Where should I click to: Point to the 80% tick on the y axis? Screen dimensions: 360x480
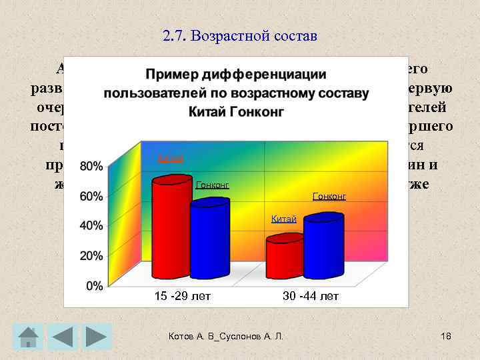[x=92, y=165]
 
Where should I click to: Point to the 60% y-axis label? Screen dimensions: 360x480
[x=92, y=196]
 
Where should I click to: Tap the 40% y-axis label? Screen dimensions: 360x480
[x=92, y=226]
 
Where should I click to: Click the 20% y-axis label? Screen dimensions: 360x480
[x=92, y=255]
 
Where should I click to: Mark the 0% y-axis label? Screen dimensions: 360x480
[x=95, y=286]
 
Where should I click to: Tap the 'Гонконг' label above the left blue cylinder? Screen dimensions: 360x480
[x=212, y=184]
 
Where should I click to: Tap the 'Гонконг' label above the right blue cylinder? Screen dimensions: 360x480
[x=329, y=196]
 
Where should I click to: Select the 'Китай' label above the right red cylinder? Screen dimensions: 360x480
[x=283, y=219]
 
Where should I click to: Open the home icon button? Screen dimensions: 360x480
[x=27, y=336]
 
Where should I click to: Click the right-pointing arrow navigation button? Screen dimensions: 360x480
[x=99, y=336]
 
